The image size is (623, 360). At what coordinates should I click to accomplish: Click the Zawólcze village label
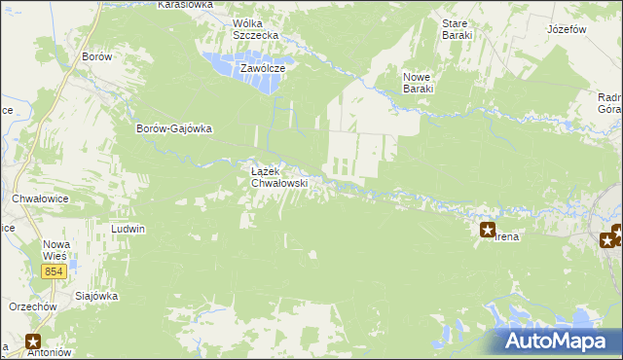tap(263, 69)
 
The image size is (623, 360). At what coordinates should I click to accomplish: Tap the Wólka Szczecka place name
tap(255, 29)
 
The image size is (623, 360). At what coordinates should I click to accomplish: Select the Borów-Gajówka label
tap(174, 128)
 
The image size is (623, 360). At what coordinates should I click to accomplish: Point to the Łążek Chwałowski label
tap(279, 176)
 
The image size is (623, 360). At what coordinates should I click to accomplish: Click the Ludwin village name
tap(128, 230)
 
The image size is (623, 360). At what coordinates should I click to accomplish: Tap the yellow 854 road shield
tap(55, 271)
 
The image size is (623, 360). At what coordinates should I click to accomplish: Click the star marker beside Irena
tap(488, 231)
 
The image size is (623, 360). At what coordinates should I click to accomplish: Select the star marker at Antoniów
tap(33, 342)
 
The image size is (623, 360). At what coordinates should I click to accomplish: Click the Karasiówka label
tap(184, 5)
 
